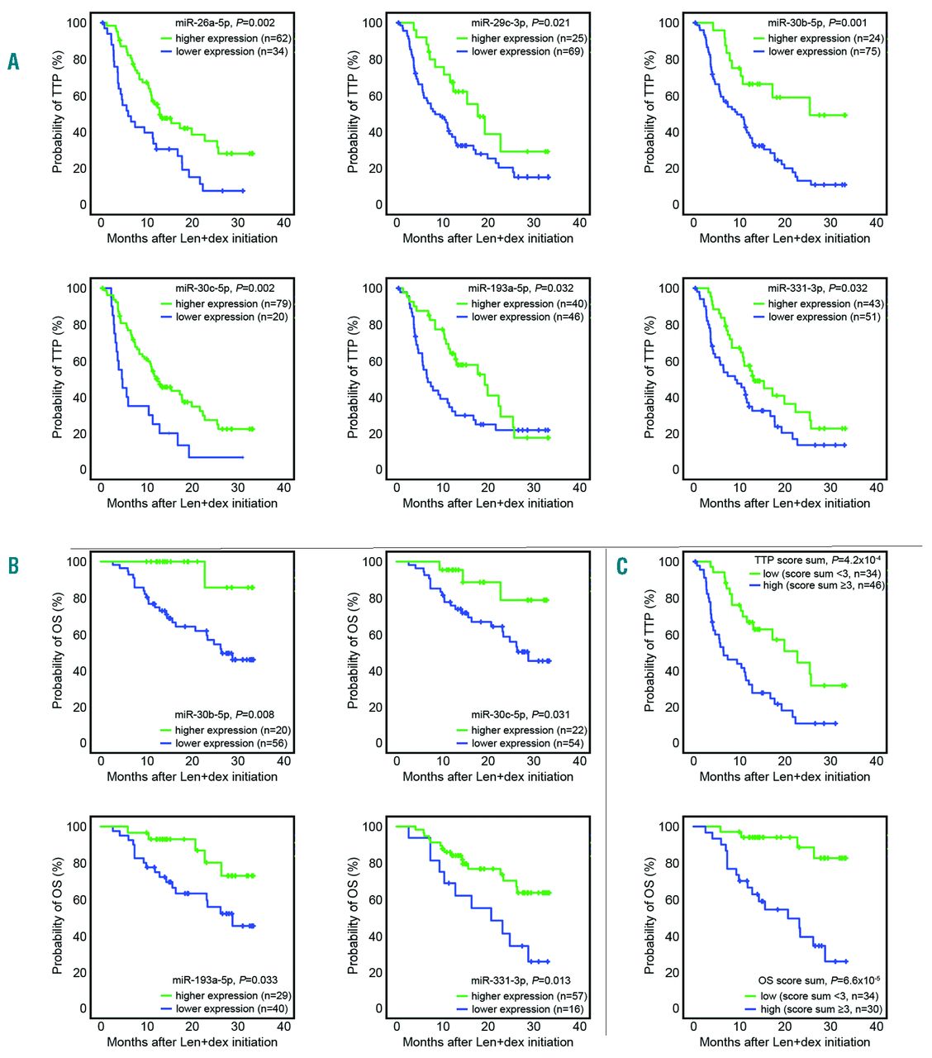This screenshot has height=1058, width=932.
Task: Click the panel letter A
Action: [13, 61]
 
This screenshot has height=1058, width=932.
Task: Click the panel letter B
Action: [13, 565]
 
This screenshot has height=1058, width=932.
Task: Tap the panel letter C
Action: [622, 565]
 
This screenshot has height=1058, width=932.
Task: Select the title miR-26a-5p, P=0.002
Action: [225, 23]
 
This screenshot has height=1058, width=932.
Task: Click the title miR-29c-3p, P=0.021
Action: [520, 23]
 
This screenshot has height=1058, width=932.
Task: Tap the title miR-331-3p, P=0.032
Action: [817, 288]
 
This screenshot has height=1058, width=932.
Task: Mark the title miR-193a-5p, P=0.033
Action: [223, 980]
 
